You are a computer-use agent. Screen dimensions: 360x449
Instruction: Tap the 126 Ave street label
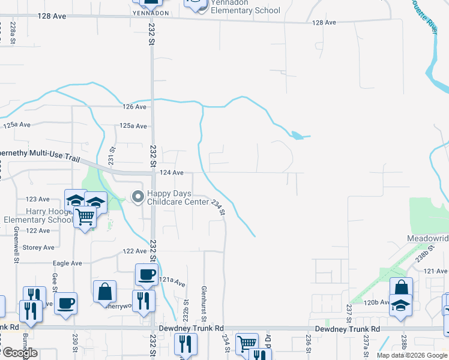tap(135, 107)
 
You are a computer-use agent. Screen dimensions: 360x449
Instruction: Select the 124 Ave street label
tap(172, 173)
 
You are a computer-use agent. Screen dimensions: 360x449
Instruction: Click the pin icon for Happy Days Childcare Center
tap(138, 196)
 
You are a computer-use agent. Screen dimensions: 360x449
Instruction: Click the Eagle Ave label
tap(67, 263)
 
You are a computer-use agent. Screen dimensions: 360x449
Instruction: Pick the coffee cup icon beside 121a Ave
tap(146, 275)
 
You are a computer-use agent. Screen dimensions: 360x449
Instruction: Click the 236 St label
tap(307, 340)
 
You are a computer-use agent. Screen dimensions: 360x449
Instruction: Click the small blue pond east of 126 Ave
tap(297, 136)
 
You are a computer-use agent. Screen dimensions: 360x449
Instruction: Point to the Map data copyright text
tap(412, 355)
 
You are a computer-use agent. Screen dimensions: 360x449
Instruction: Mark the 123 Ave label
tap(38, 199)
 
